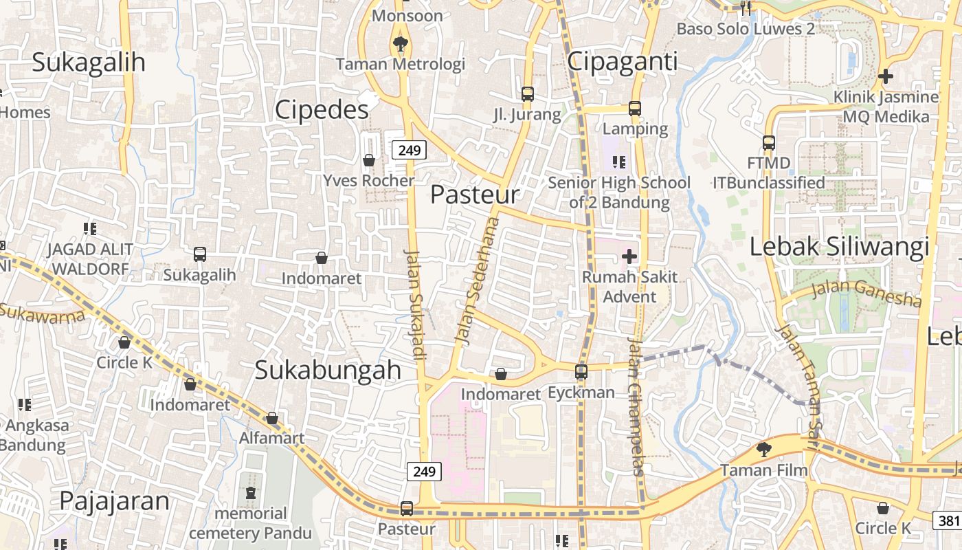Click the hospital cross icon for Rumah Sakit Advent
[x=629, y=257]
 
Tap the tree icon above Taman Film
[x=763, y=450]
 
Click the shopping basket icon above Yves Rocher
[x=369, y=160]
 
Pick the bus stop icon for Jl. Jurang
[x=528, y=93]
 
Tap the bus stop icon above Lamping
[x=635, y=109]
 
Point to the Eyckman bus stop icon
[x=581, y=372]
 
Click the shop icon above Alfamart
[x=272, y=418]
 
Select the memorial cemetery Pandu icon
[x=250, y=493]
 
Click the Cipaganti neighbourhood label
[x=623, y=62]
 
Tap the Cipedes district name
[x=322, y=110]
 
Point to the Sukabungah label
[x=328, y=370]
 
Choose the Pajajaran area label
[x=114, y=501]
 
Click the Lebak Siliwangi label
[x=839, y=246]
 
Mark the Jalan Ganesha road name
[x=866, y=293]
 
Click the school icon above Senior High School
[x=619, y=162]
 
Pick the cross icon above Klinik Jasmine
[x=886, y=76]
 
